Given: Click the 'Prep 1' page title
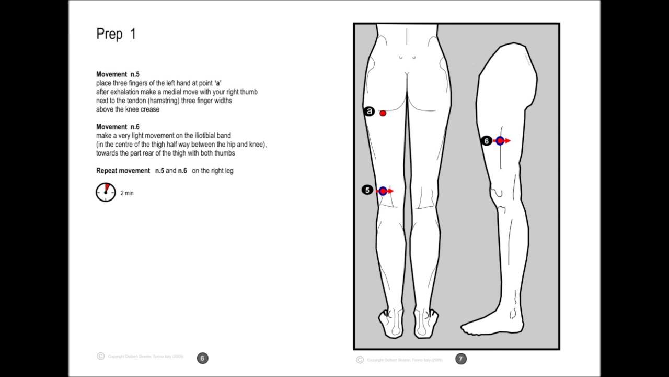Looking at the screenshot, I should coord(116,35).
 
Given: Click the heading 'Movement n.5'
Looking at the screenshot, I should coord(118,74).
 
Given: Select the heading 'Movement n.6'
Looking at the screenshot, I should coord(118,127).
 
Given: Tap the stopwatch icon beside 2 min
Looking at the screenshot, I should coord(106,192).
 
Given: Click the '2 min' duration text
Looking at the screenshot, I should coord(127,193).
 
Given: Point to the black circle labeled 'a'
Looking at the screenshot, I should coord(370,112).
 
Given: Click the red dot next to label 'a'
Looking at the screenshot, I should coord(383,113).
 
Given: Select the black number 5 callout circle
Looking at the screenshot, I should coord(367,190).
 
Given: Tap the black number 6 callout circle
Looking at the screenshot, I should coord(487,141).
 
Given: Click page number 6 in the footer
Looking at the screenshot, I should coord(202,358).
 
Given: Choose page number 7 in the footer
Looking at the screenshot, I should coord(460,359).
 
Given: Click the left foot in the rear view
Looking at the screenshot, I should coord(391,323).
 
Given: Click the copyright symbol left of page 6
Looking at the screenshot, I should coord(101,357).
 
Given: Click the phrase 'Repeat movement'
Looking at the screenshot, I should coord(123,171).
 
